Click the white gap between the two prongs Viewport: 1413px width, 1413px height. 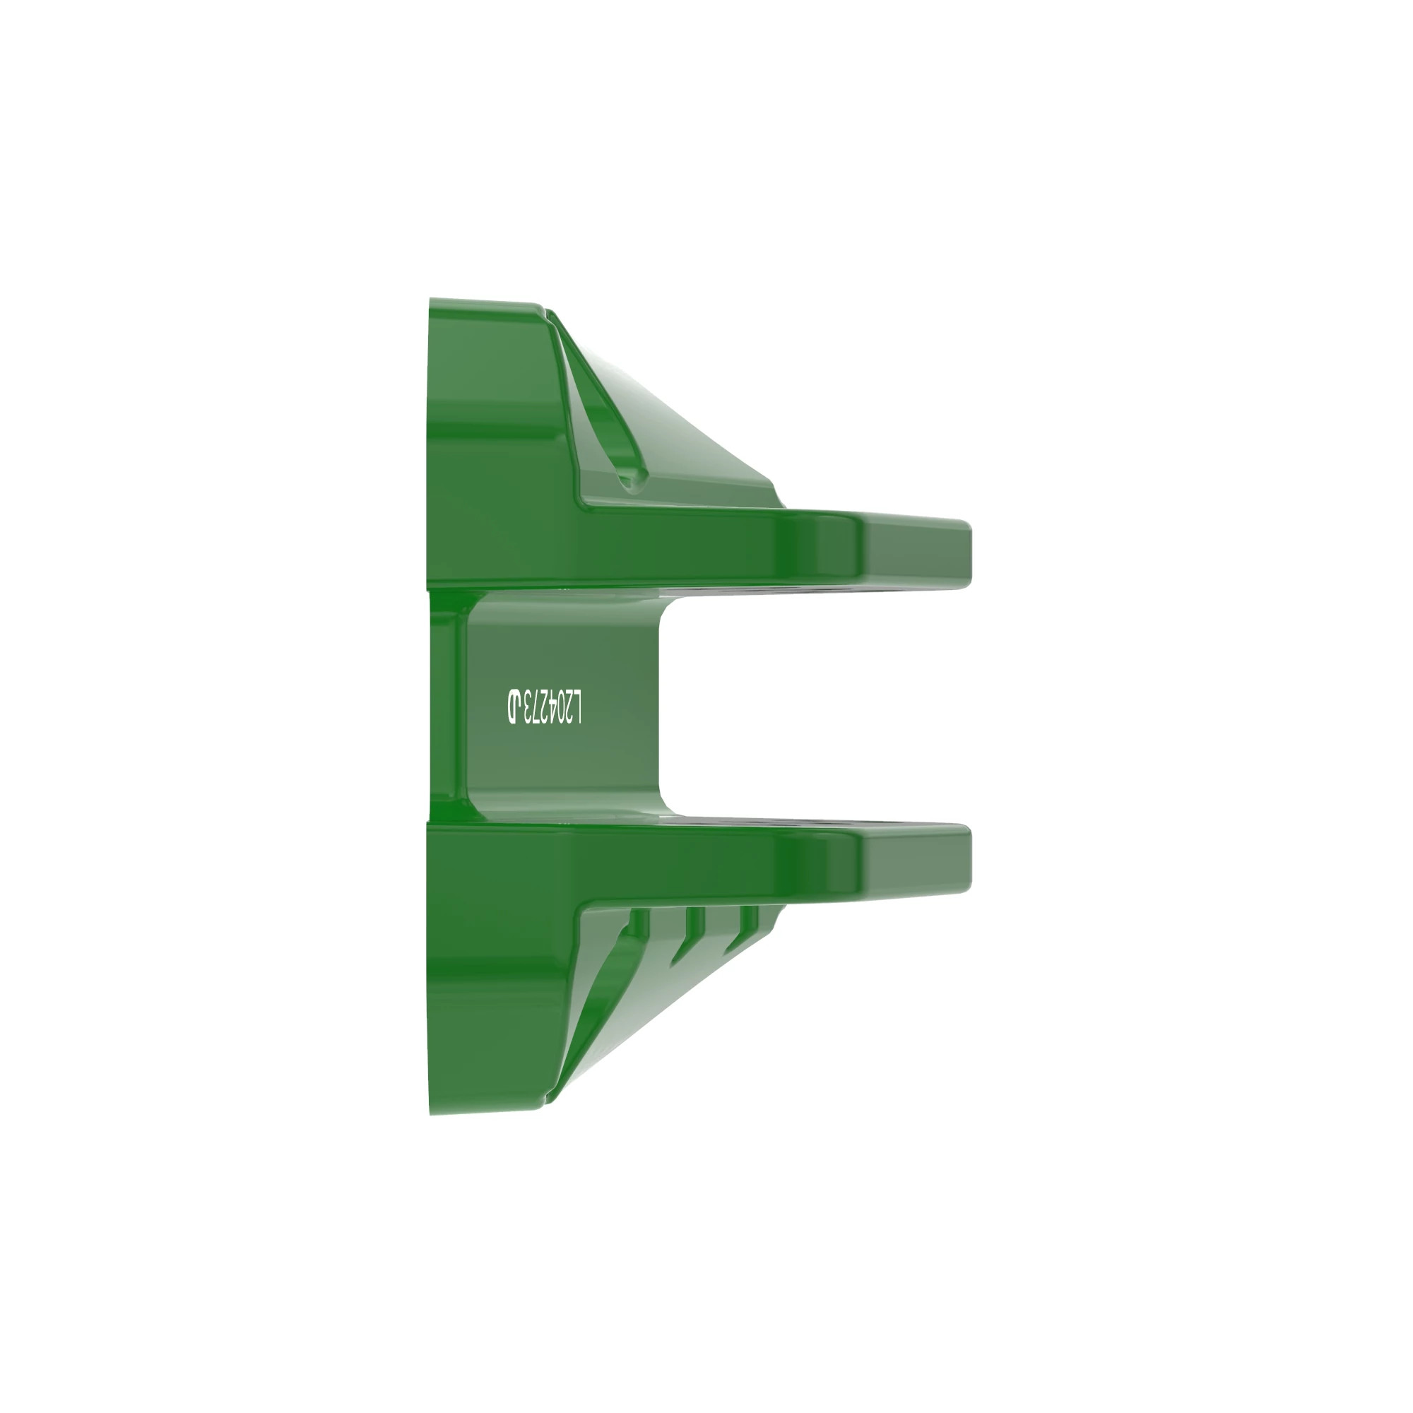[805, 706]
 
